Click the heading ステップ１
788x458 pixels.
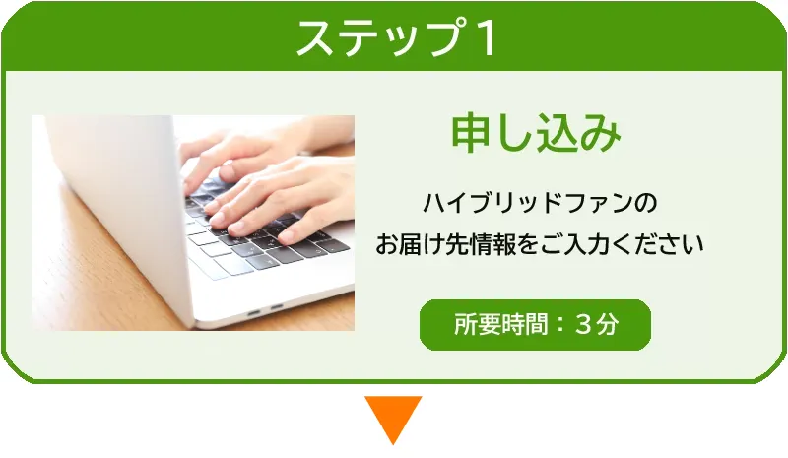click(x=397, y=37)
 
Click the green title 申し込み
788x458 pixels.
click(x=536, y=134)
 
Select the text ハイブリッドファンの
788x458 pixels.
click(x=540, y=203)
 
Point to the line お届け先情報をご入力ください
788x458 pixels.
click(x=539, y=245)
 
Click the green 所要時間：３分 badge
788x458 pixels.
click(x=535, y=325)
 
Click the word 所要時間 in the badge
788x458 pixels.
click(x=500, y=325)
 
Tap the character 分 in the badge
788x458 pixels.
click(x=607, y=325)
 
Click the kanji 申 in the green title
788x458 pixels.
click(x=470, y=134)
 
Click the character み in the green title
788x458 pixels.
click(x=602, y=134)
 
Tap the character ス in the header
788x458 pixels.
click(x=315, y=38)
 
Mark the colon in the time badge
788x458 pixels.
click(x=560, y=325)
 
